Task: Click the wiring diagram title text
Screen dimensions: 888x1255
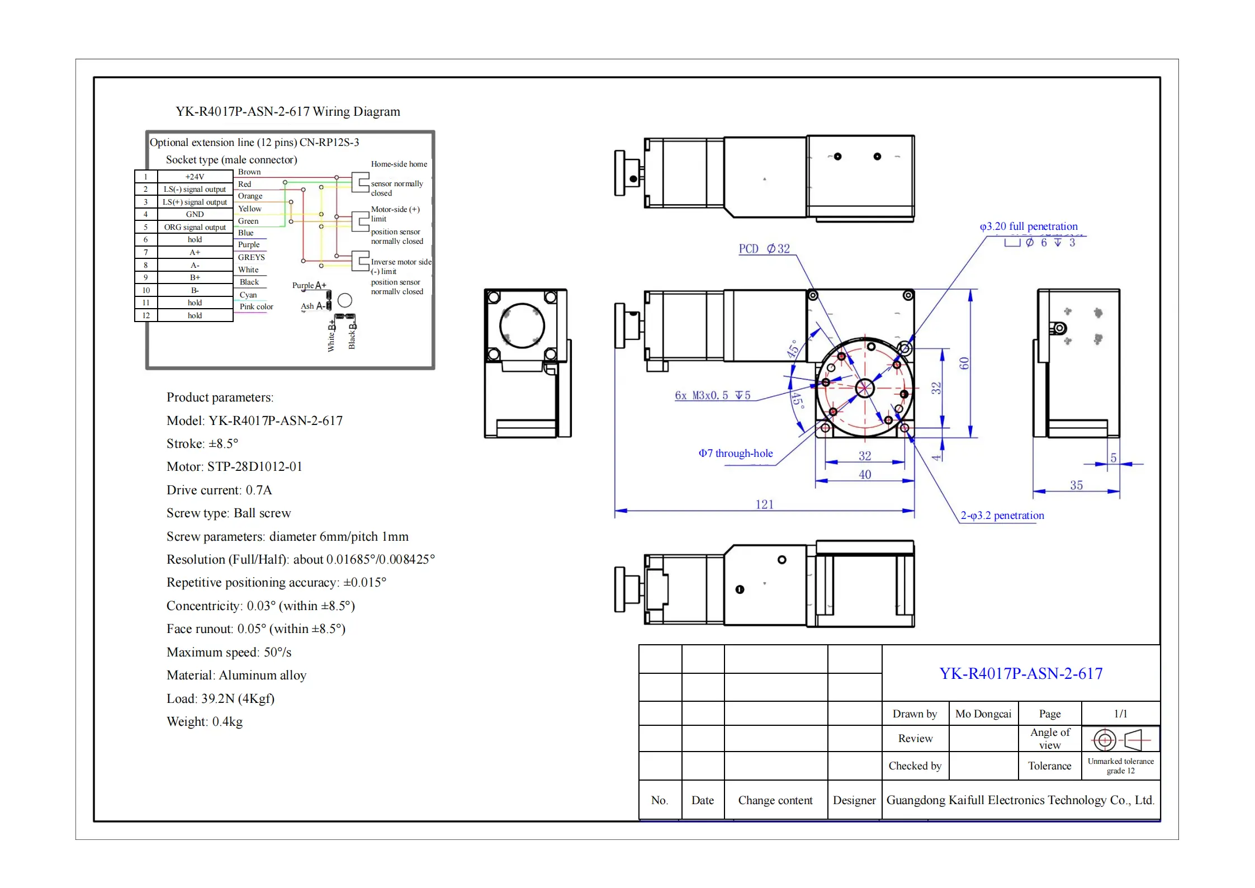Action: tap(288, 111)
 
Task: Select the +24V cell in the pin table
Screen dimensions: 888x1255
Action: tap(195, 177)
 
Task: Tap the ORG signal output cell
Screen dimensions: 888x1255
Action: tap(195, 227)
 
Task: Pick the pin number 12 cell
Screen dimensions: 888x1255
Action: tap(146, 315)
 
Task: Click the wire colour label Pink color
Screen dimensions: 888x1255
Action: tap(256, 306)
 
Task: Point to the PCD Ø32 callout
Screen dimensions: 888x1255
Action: tap(764, 249)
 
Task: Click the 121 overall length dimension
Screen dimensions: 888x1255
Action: tap(764, 504)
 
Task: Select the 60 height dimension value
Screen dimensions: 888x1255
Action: tap(964, 363)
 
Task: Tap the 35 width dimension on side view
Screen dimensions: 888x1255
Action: tap(1076, 485)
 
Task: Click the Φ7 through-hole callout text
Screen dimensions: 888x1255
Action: tap(736, 454)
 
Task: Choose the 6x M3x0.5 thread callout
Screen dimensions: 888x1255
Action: tap(712, 395)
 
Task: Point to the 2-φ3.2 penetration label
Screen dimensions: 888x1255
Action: tap(1002, 516)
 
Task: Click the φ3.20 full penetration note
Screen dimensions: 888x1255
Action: tap(1029, 226)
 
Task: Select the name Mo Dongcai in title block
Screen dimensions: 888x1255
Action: tap(983, 714)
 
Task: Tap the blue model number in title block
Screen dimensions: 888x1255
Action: tap(1021, 673)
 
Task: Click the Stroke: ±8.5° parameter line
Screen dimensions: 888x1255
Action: tap(202, 444)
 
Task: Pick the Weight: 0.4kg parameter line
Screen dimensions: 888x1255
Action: tap(205, 722)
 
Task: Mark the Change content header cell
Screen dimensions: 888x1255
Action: tap(775, 800)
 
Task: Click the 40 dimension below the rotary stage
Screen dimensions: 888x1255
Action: tap(865, 475)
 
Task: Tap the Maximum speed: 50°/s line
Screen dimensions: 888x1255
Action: tap(229, 653)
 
